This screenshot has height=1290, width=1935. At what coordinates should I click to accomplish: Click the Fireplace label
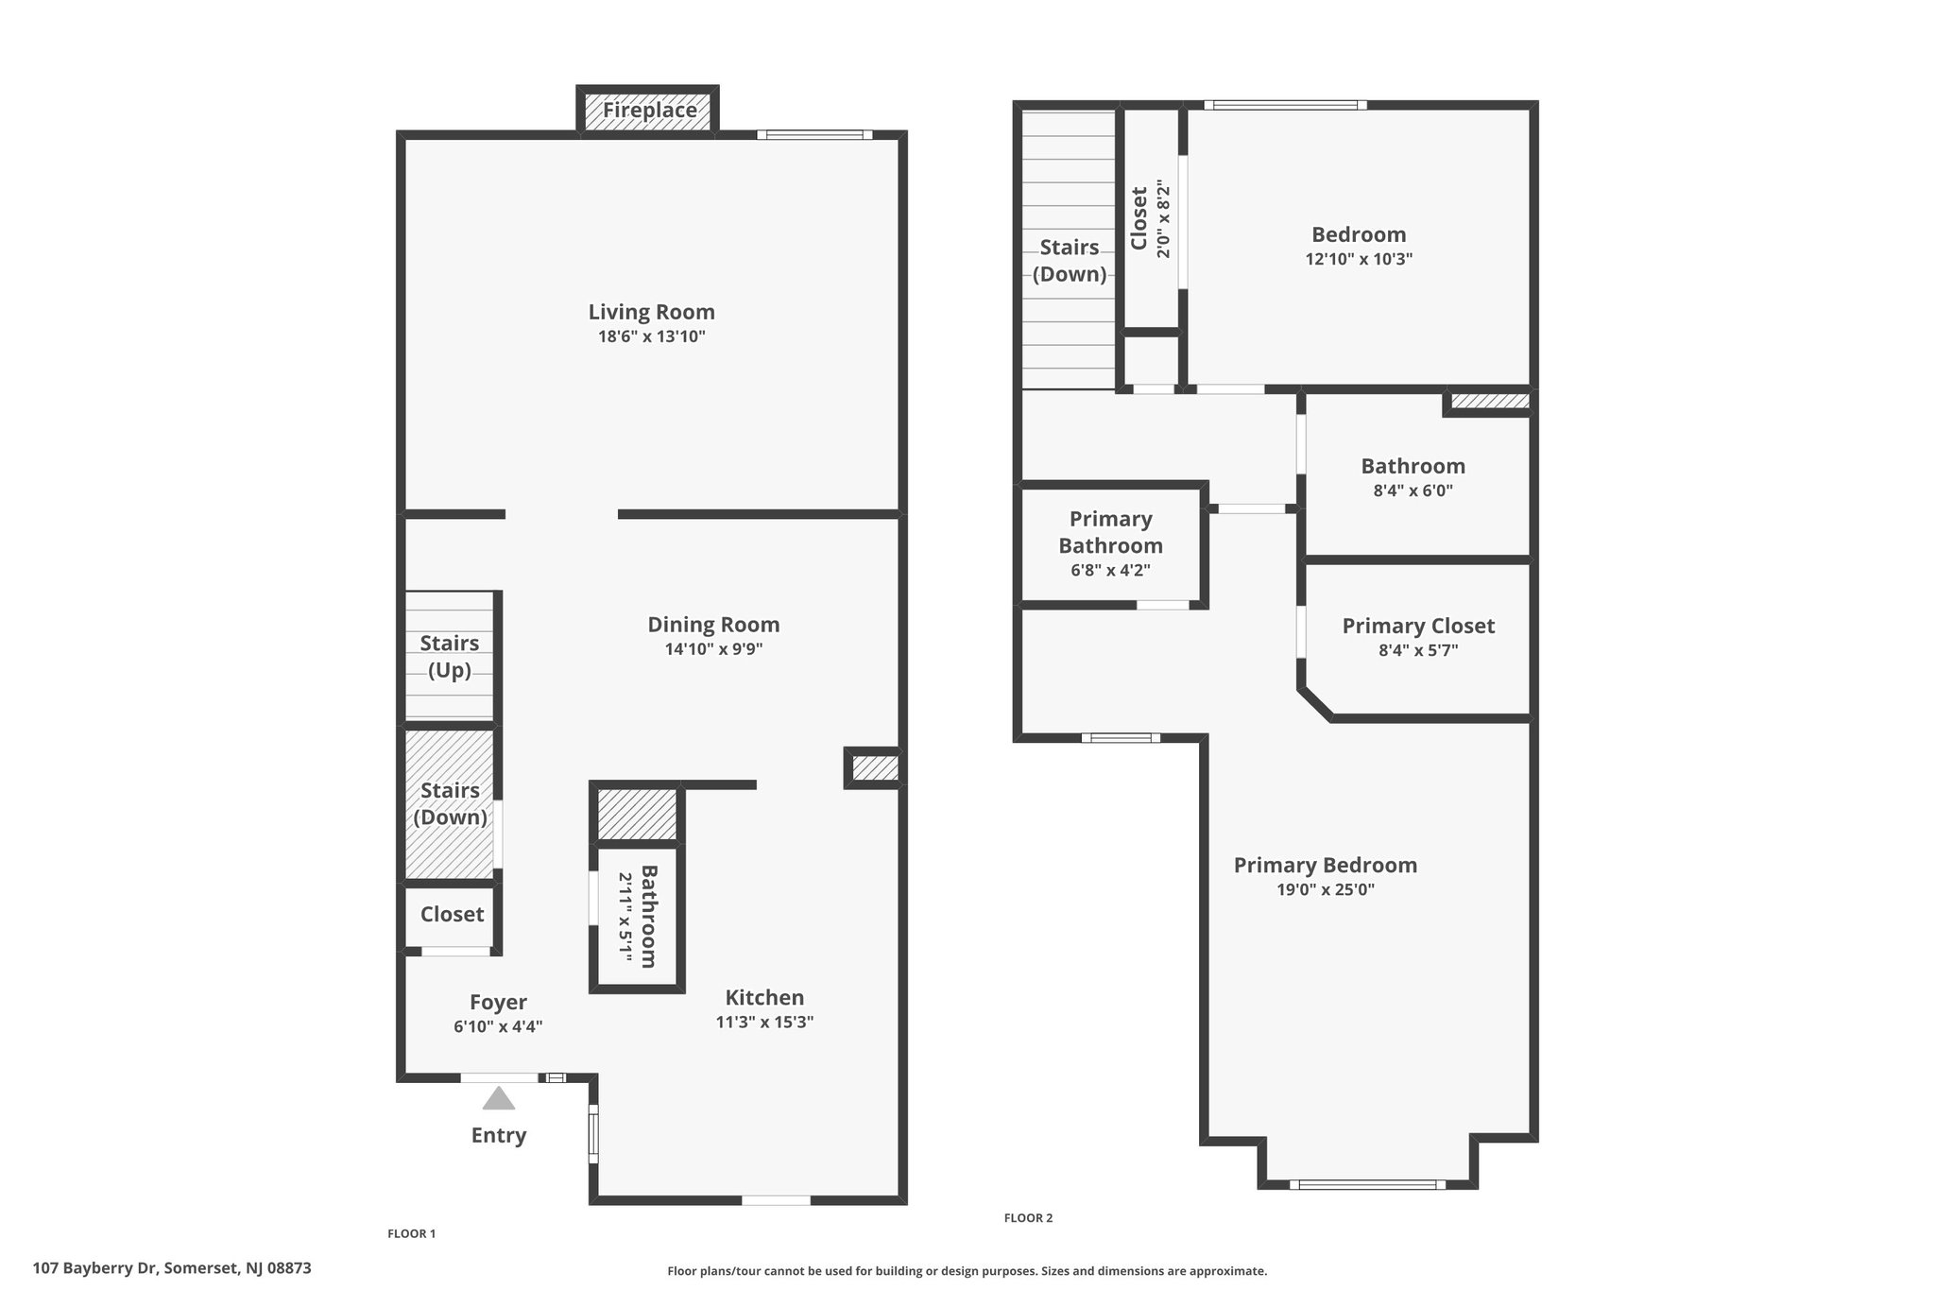(650, 111)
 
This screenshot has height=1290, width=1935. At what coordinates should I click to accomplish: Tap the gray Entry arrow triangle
(499, 1098)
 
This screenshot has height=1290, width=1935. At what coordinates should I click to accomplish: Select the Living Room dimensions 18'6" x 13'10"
(652, 336)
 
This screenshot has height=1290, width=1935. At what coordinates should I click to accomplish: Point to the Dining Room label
(713, 625)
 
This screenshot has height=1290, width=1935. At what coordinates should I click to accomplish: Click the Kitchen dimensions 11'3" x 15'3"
(764, 1022)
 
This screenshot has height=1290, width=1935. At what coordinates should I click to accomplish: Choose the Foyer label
(498, 1003)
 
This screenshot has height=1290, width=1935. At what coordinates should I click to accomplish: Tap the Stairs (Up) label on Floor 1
(450, 657)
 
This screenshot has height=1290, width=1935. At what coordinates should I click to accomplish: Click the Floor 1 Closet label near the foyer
(452, 914)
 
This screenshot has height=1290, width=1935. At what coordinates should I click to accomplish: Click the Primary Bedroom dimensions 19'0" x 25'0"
(1326, 889)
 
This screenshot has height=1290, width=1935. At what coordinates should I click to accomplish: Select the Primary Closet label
(1418, 626)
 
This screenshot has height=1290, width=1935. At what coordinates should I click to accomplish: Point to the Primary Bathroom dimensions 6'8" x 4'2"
(1110, 571)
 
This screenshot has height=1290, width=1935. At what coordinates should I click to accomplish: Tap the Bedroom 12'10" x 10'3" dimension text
(1359, 259)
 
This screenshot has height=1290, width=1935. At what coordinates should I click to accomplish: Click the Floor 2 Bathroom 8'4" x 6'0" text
(1413, 477)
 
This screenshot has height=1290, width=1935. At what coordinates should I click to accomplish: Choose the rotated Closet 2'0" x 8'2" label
(1150, 219)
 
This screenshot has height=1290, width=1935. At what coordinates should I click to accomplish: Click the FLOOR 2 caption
(1028, 1218)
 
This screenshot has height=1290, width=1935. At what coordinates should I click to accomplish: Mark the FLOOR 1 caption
(412, 1233)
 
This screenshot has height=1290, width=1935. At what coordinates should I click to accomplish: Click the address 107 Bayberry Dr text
(97, 1268)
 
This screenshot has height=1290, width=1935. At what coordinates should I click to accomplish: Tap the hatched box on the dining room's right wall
(874, 767)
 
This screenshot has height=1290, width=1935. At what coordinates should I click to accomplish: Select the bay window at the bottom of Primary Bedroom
(1367, 1184)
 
